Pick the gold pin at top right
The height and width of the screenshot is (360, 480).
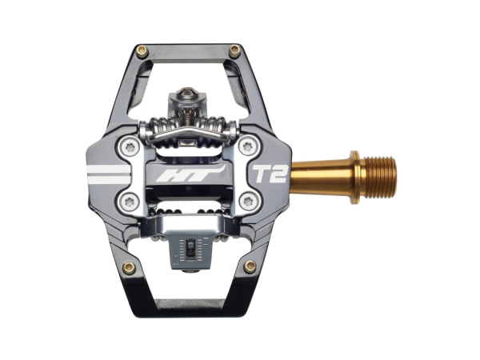(x=234, y=50)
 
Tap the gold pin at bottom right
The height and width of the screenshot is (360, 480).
(x=250, y=266)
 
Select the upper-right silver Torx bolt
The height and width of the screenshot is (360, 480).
(x=248, y=146)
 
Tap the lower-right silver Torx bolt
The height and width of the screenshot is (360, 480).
(x=248, y=200)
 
